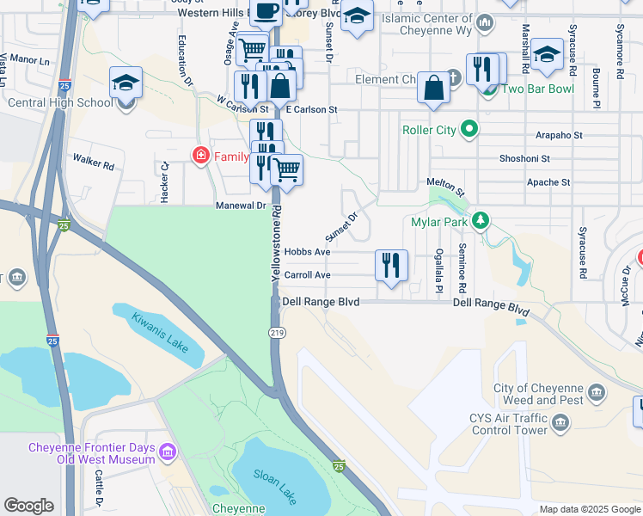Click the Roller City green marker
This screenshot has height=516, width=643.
(x=468, y=131)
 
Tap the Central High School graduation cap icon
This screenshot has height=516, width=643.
(x=126, y=83)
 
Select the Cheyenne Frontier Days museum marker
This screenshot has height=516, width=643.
(x=167, y=450)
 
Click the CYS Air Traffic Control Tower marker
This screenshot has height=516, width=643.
(x=560, y=422)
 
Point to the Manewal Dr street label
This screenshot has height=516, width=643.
(x=241, y=206)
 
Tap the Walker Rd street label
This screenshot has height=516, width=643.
(x=93, y=161)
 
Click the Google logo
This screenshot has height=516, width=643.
(x=28, y=506)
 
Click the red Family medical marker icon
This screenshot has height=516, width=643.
(x=199, y=155)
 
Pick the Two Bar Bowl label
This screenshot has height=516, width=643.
(x=537, y=89)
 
